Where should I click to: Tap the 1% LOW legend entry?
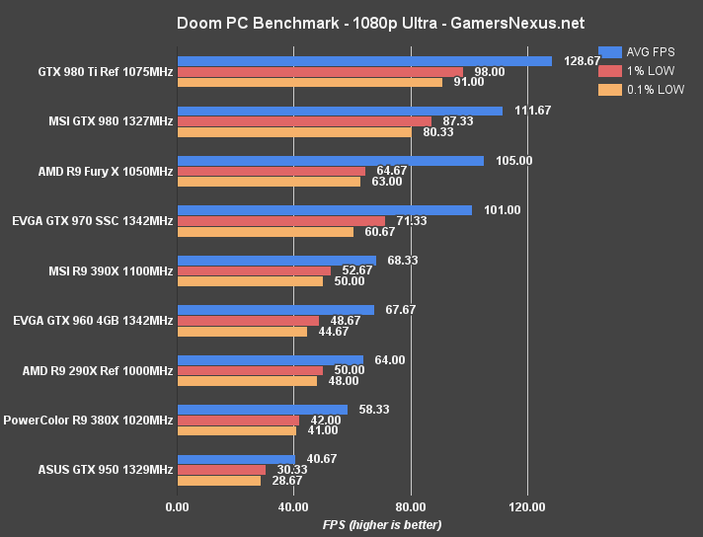[x=642, y=70]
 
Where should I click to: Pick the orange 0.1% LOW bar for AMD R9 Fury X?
[x=268, y=182]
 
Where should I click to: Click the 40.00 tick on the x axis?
[x=293, y=507]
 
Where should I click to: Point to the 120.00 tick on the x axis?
[x=527, y=507]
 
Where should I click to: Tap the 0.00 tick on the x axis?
[x=177, y=507]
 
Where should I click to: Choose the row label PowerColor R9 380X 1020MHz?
[x=88, y=421]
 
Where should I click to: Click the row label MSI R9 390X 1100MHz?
[x=110, y=270]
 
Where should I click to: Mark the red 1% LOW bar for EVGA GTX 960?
[x=248, y=321]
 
